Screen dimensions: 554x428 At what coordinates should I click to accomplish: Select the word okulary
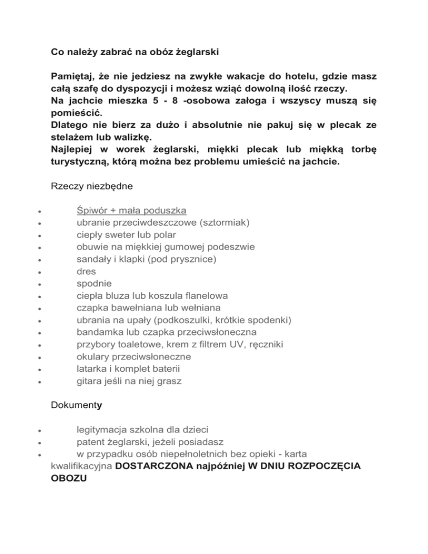(93, 357)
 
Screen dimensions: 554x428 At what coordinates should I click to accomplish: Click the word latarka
(92, 369)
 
